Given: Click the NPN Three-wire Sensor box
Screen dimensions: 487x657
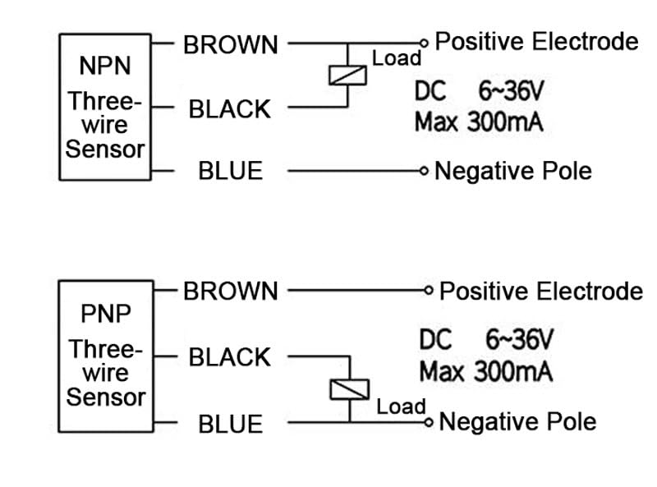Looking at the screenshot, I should [105, 107].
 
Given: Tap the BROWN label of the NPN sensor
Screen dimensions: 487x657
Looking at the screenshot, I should [231, 45].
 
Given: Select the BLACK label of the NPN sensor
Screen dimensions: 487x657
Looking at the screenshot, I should [229, 109].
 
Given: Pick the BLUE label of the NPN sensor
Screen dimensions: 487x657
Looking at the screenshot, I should [231, 171].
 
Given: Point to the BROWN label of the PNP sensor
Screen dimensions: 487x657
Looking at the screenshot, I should [231, 292].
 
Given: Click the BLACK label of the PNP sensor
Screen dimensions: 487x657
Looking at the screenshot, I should [229, 357].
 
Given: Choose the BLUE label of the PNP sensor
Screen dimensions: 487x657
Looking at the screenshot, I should [231, 424].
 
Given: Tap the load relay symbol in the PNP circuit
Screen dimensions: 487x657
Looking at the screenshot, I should [349, 389].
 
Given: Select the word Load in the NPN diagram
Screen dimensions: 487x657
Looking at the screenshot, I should [397, 58].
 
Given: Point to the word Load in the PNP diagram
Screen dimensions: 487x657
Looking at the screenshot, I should [401, 406].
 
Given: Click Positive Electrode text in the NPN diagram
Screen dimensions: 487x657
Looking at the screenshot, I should [536, 41].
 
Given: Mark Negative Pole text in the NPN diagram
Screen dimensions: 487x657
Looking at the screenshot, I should [512, 171].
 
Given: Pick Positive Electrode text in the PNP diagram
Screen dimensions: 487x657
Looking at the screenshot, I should [540, 291].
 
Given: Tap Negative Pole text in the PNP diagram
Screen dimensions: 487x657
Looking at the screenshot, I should [517, 422].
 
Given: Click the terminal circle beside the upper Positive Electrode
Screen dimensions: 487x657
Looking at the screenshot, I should [425, 42].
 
